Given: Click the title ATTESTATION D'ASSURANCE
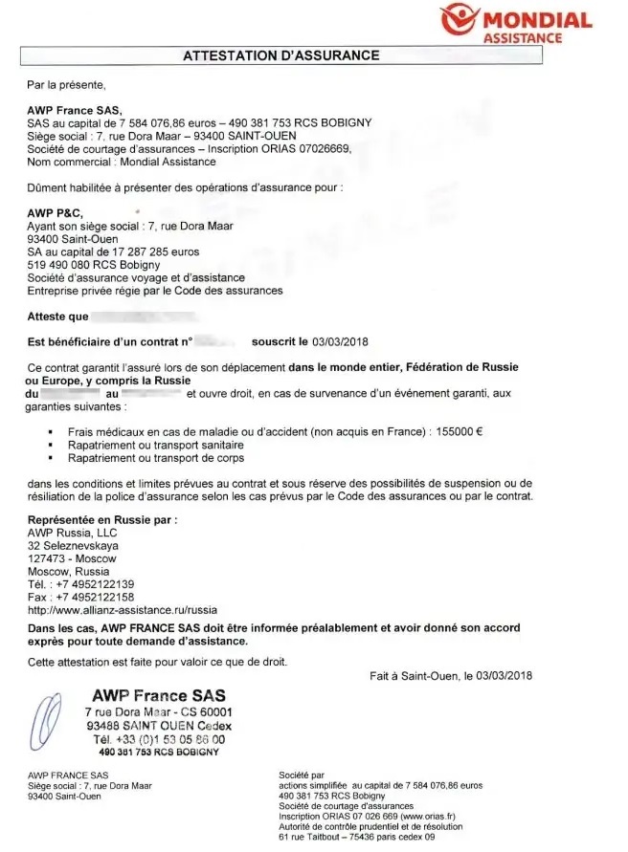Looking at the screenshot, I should tap(281, 55).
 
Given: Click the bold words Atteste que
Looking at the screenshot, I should tap(57, 316).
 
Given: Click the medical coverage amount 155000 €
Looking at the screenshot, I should tap(459, 431).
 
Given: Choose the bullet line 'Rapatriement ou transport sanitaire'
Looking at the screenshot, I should tap(156, 445).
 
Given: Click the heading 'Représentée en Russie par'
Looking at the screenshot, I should tap(103, 518).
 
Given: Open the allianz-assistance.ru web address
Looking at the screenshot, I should tap(123, 610).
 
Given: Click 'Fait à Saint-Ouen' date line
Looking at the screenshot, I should tap(450, 676).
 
